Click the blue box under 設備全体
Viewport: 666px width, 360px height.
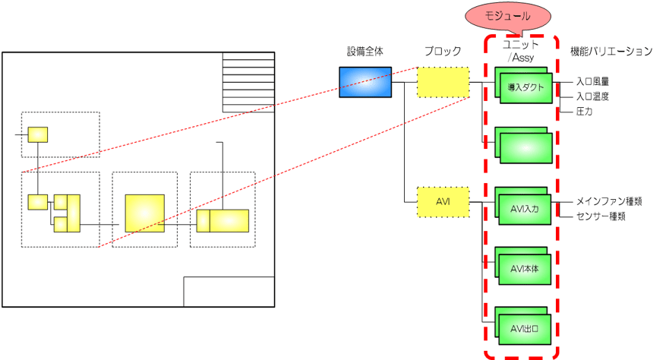(x=365, y=82)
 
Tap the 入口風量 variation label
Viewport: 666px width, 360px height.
(x=594, y=81)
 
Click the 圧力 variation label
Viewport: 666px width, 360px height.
(x=584, y=111)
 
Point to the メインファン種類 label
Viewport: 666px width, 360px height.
(x=610, y=201)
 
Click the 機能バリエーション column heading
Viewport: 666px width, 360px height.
(x=611, y=52)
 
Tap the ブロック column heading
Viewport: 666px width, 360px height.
(x=443, y=52)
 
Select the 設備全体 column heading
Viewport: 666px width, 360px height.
(x=365, y=52)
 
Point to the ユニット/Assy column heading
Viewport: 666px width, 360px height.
(x=521, y=52)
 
